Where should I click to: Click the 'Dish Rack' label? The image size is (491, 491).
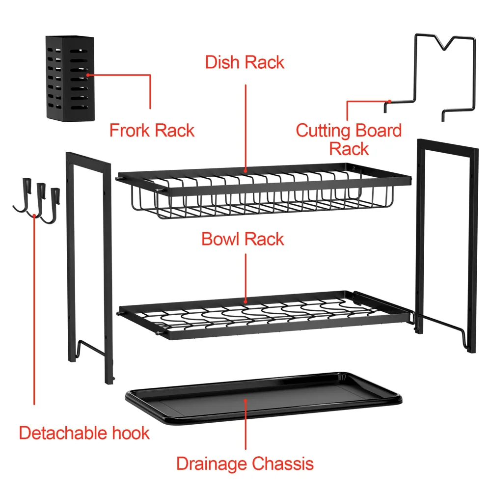tap(245, 62)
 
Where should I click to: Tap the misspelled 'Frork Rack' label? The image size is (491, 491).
tap(152, 130)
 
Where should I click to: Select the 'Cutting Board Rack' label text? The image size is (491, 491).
tap(349, 139)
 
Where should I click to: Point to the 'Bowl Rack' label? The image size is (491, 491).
tap(243, 239)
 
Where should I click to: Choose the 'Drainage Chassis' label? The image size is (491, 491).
tap(245, 464)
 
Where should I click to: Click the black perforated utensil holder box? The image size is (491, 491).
tap(70, 78)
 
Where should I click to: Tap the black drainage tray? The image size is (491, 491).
tap(264, 398)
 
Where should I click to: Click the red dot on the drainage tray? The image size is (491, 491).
tap(246, 401)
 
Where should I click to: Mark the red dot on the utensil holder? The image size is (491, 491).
tap(88, 75)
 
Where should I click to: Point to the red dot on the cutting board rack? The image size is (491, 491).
tap(389, 101)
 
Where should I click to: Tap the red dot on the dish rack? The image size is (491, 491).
tap(245, 171)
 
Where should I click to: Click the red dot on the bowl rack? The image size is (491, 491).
tap(245, 302)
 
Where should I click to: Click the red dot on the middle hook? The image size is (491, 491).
tap(34, 216)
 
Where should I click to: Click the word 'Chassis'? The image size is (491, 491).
tap(283, 464)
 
